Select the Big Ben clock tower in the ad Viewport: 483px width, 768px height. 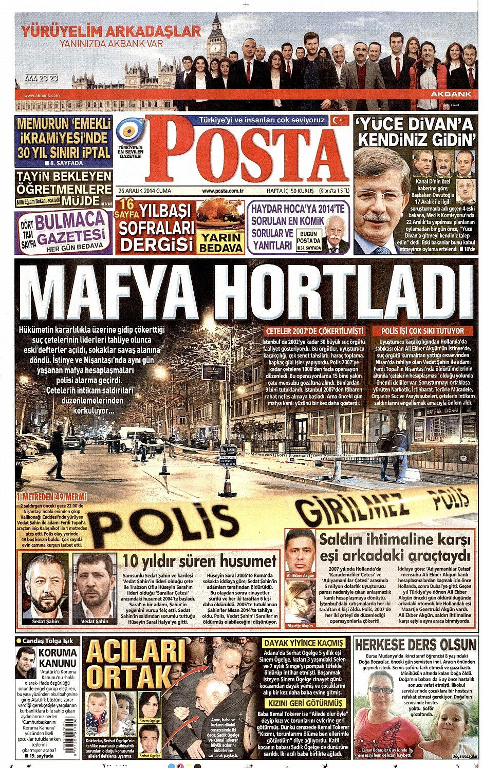coord(216,39)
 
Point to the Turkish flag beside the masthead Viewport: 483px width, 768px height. coord(337,120)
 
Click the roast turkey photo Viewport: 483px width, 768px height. coord(220,213)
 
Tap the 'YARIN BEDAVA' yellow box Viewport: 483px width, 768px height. coord(220,242)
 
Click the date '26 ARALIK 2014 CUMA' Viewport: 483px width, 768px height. coord(144,191)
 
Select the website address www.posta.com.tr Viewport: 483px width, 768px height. coord(222,191)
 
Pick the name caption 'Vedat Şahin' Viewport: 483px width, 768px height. coord(95,621)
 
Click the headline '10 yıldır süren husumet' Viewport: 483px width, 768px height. coord(199,561)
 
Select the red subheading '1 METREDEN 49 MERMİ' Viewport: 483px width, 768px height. coord(51,497)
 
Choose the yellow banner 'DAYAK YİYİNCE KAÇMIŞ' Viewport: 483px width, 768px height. coord(303,643)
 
